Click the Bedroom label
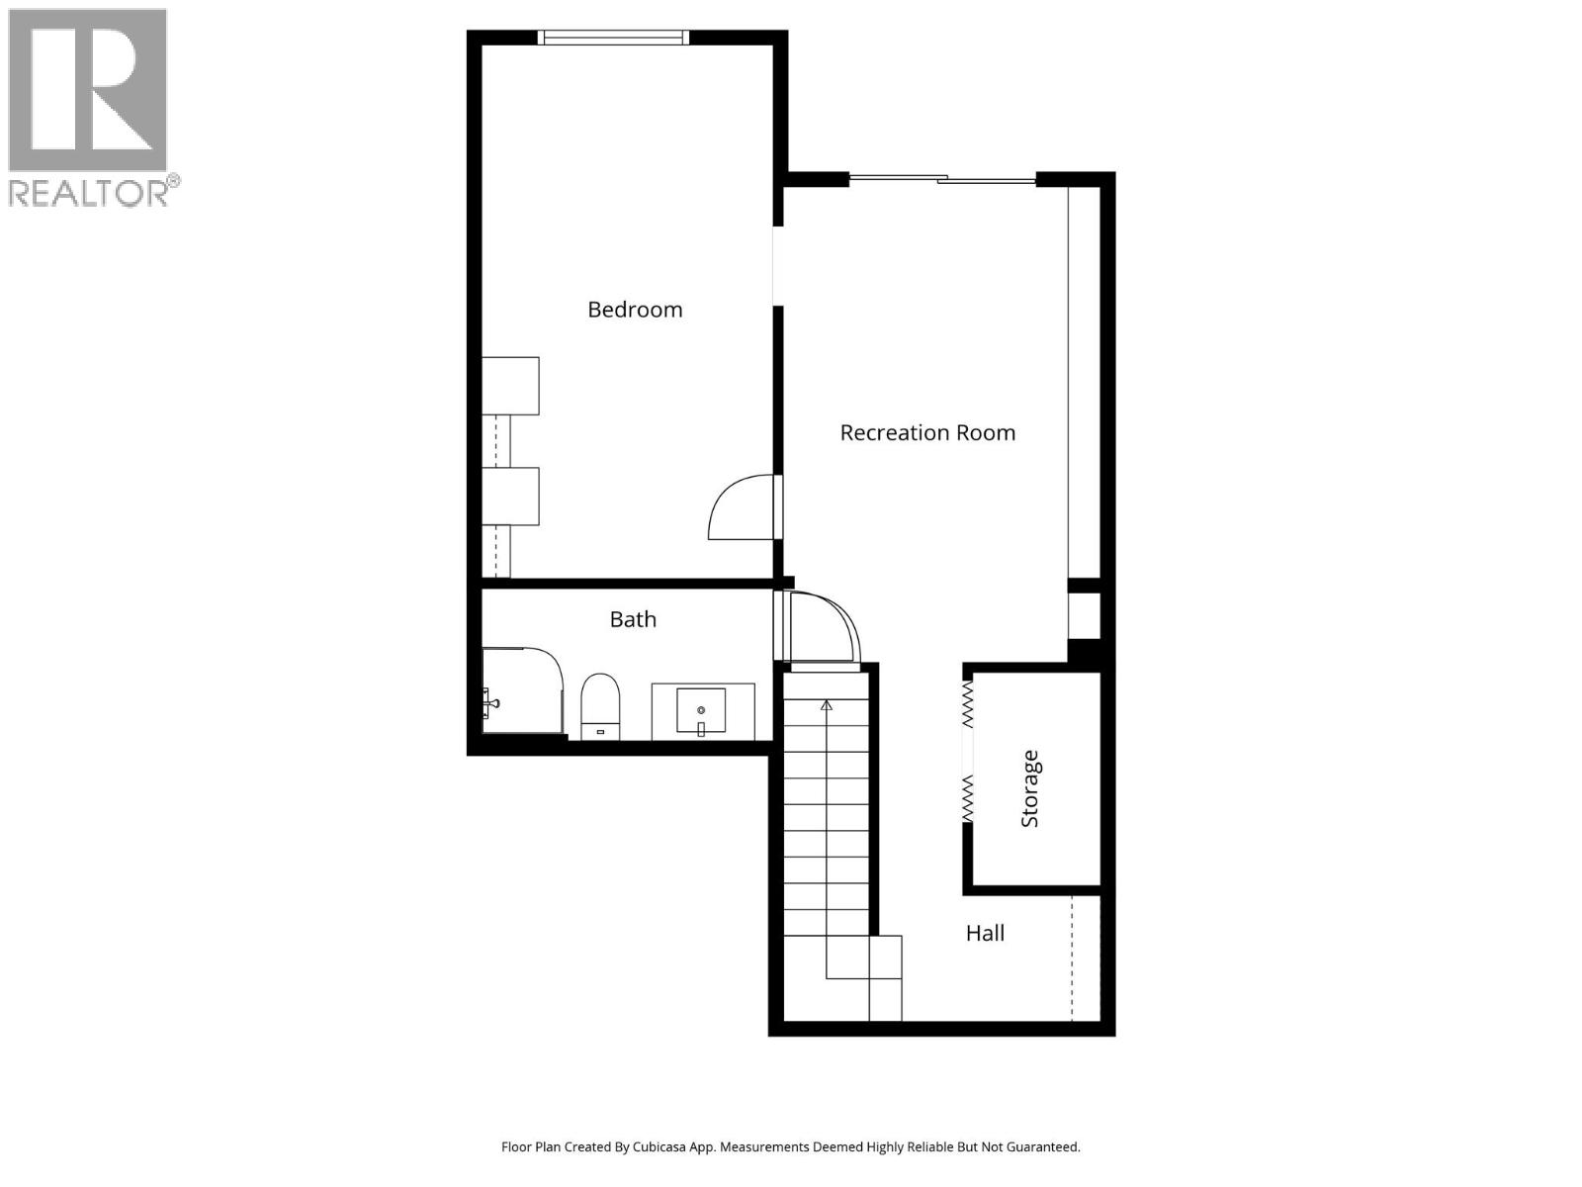635,310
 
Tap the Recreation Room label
927,432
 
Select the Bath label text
633,619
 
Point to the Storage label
1030,788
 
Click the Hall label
985,933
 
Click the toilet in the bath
599,705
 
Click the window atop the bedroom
613,38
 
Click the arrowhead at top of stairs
827,704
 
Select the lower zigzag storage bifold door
968,797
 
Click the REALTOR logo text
89,192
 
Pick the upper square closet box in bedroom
510,386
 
